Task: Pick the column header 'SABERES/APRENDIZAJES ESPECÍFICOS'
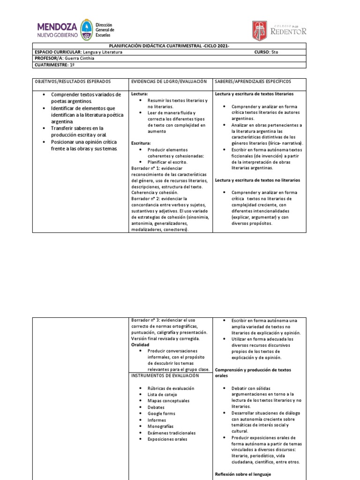pos(253,82)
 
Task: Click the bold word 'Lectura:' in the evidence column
pos(140,94)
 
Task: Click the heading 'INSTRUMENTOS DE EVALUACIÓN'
pos(165,375)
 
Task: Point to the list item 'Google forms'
pos(161,413)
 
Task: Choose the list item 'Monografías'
pos(160,427)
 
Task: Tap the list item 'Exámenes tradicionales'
pos(171,433)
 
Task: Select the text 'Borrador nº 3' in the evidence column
pos(145,320)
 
